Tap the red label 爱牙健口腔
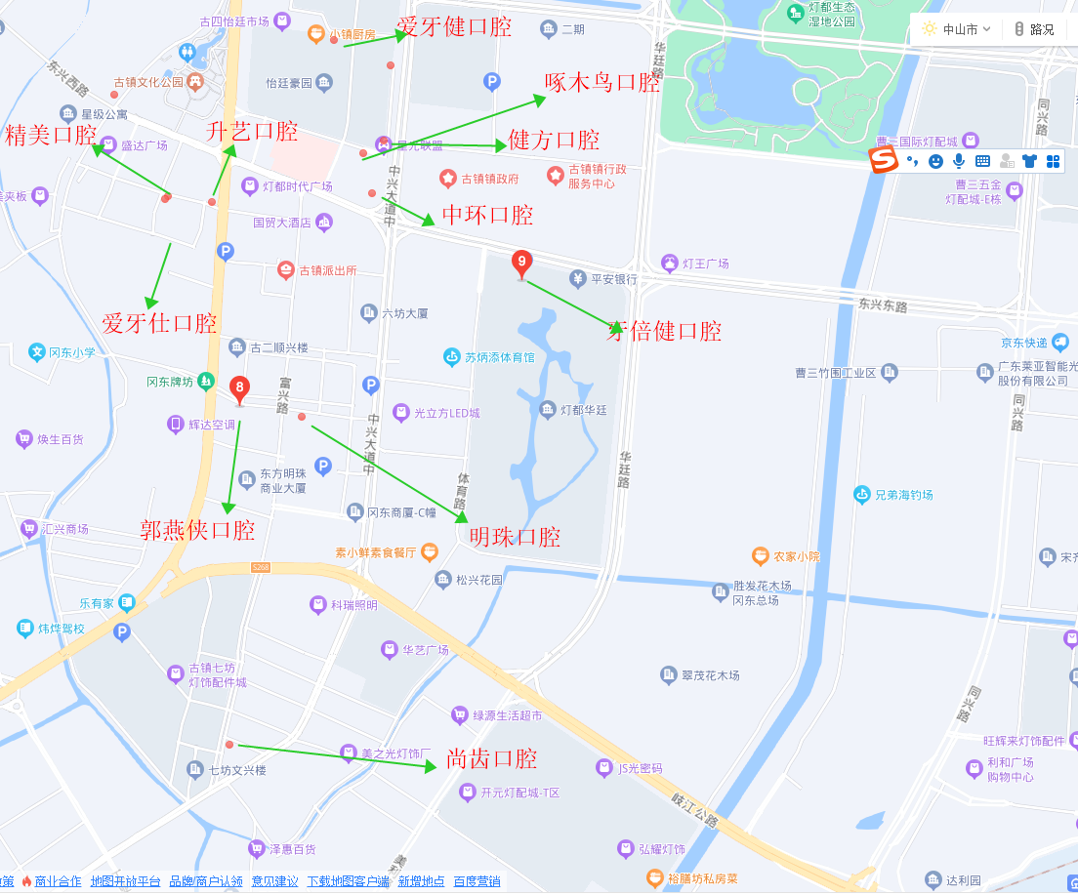(454, 26)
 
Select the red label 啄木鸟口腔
(602, 82)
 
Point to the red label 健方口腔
(554, 140)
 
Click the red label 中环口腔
(487, 215)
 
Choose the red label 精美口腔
(51, 135)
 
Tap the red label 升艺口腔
(252, 131)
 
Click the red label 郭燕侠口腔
(197, 530)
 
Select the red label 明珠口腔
(515, 536)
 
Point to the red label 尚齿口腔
(491, 758)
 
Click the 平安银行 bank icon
(578, 279)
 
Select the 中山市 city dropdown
(957, 29)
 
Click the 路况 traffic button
(1034, 29)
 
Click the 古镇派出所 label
(327, 270)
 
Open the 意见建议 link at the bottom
(274, 881)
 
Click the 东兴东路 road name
(883, 305)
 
